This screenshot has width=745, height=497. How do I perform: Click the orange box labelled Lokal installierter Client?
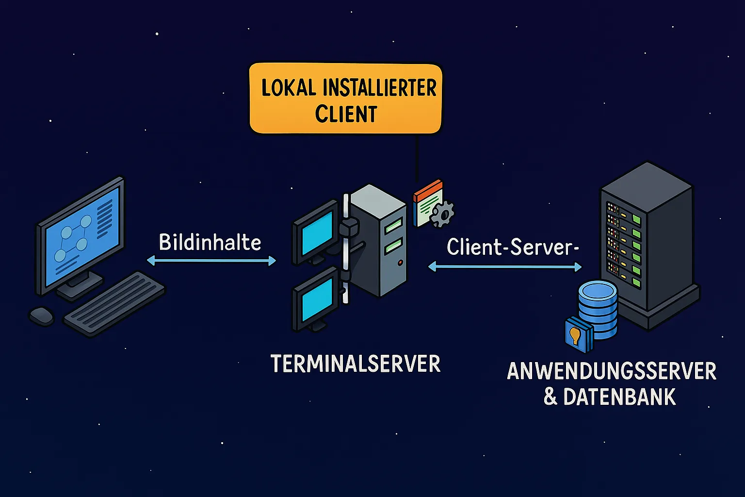[345, 99]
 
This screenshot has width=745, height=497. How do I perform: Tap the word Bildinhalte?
[210, 242]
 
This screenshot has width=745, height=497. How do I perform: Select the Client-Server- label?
[513, 247]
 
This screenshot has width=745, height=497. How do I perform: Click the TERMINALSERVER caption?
[356, 364]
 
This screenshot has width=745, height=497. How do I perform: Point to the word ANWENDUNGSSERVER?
[612, 372]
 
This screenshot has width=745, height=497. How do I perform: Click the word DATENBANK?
[619, 397]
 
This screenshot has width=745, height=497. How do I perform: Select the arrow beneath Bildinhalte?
[211, 261]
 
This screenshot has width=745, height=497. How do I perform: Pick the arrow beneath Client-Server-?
[505, 266]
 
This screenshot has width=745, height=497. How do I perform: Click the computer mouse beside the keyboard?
[42, 316]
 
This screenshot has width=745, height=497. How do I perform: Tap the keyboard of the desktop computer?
[114, 303]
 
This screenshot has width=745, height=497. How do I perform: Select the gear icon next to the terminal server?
[442, 214]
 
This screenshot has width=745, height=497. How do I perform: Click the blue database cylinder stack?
[598, 311]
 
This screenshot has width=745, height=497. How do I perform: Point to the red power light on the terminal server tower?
[400, 263]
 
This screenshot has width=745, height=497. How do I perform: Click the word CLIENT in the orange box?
[346, 115]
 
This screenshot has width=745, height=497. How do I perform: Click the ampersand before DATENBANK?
[550, 397]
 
